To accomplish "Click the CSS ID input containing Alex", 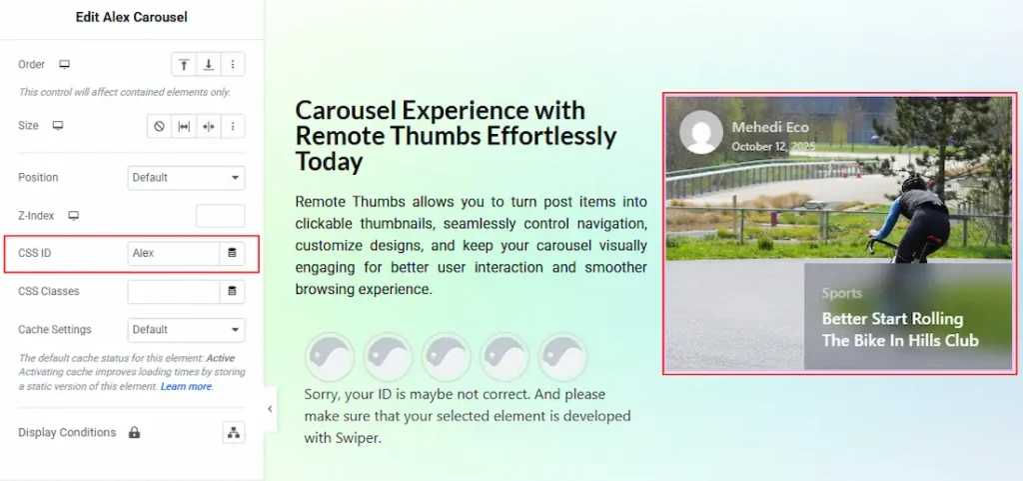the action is [x=174, y=253].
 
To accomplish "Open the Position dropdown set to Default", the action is [x=186, y=178].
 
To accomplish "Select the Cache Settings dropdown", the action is [x=186, y=330].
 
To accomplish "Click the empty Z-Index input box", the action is [x=220, y=215].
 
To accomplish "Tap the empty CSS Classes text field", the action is [x=174, y=292].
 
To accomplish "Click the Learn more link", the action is [x=187, y=386].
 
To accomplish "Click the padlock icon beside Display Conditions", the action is [x=135, y=432].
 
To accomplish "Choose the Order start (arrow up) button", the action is [x=184, y=65].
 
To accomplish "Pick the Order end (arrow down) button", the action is [x=208, y=65].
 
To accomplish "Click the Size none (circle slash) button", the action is [x=159, y=126].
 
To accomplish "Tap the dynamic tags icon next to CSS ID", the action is [x=232, y=253].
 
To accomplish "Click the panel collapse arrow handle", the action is [x=270, y=409].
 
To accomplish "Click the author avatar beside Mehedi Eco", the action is [x=700, y=132].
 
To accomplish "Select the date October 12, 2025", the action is [x=773, y=147].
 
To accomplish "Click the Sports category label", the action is [x=841, y=293].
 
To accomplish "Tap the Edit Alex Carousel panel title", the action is [x=132, y=17].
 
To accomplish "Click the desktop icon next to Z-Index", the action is [x=74, y=215].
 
